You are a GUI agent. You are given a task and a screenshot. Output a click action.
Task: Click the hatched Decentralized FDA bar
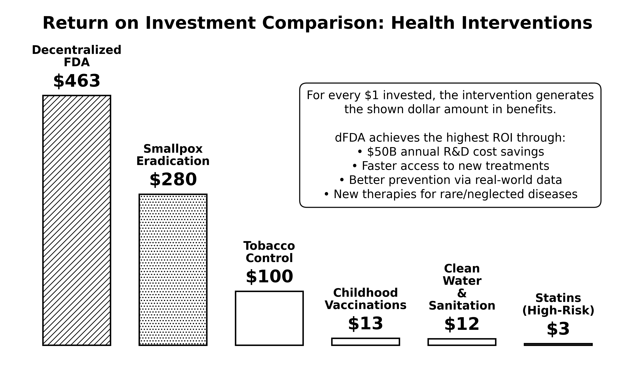click(77, 220)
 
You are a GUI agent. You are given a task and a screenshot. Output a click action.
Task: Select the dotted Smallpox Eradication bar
click(173, 270)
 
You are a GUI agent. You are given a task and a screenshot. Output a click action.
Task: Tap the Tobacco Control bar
click(269, 318)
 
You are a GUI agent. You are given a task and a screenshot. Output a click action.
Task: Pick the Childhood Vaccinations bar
click(365, 342)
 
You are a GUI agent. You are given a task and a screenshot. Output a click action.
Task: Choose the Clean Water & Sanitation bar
click(462, 342)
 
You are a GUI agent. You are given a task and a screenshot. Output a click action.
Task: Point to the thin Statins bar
click(558, 344)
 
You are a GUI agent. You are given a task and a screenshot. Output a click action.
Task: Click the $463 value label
click(77, 81)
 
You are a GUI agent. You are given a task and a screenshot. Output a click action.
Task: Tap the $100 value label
click(269, 277)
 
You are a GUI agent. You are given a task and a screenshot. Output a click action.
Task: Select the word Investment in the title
click(200, 23)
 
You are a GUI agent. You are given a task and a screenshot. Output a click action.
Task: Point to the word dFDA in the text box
click(350, 138)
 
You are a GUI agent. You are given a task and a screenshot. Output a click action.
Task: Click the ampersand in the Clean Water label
click(462, 293)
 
